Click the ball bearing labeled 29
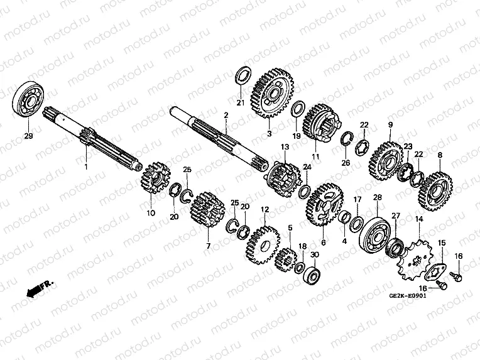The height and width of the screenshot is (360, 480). pyautogui.click(x=28, y=99)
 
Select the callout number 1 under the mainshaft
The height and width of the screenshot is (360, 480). pyautogui.click(x=86, y=166)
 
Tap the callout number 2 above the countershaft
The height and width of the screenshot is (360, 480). pyautogui.click(x=226, y=116)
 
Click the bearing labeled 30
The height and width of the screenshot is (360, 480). pyautogui.click(x=312, y=274)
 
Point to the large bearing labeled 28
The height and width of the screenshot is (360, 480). pyautogui.click(x=375, y=233)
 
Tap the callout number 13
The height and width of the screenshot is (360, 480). pyautogui.click(x=285, y=146)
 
